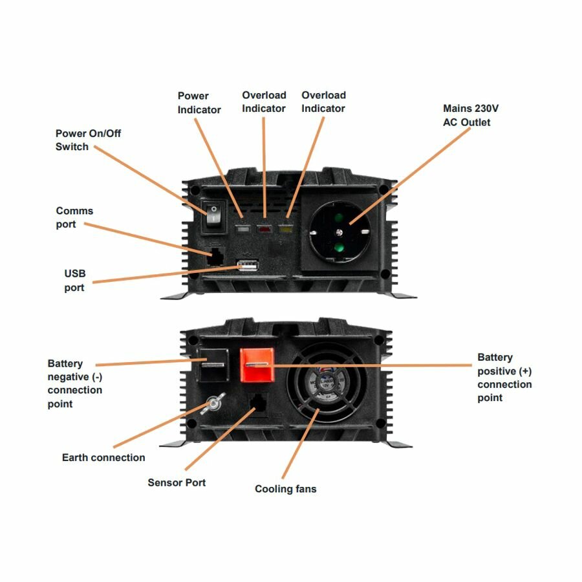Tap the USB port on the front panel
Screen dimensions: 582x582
[248, 266]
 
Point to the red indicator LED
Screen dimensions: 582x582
[264, 229]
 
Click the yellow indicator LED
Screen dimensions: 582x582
[285, 229]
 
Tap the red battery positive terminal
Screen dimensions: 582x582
[256, 365]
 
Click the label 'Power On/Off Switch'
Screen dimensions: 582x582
[88, 140]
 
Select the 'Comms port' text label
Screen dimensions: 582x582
[74, 217]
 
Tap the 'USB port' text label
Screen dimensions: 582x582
[74, 280]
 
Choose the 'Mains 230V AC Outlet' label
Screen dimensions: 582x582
[466, 115]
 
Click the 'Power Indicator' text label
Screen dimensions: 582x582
[199, 103]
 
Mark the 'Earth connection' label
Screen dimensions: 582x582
[103, 457]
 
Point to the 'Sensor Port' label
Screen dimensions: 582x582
[177, 482]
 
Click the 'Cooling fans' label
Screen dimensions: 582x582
[285, 489]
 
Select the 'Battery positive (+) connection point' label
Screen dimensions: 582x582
[504, 377]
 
